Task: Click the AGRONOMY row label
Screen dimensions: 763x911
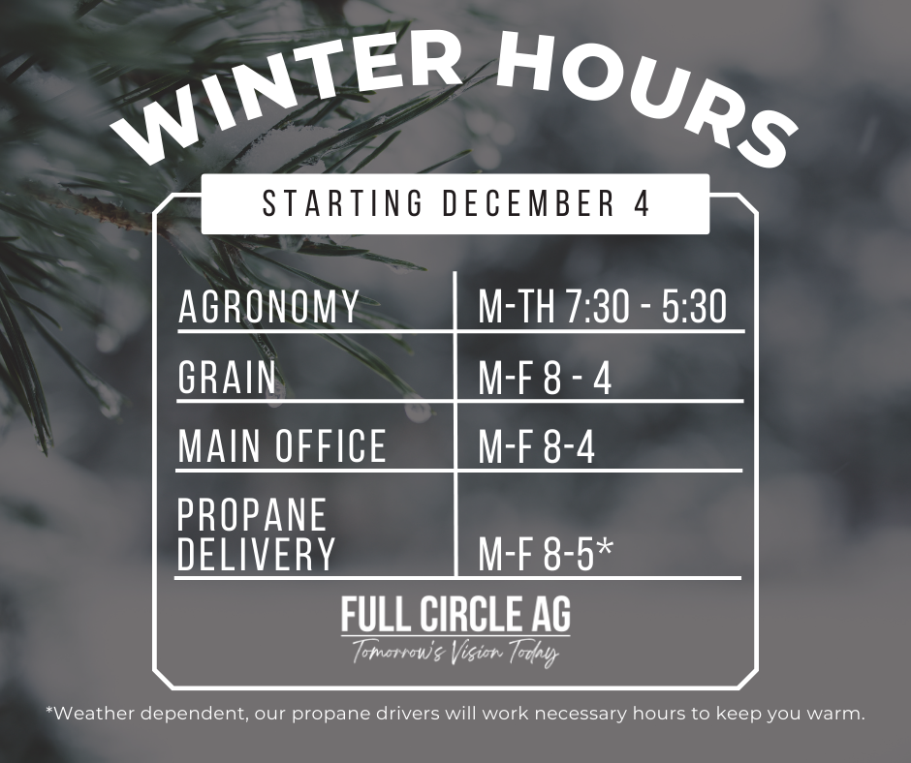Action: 269,307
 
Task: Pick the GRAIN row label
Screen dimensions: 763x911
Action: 228,377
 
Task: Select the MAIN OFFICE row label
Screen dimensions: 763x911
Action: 282,446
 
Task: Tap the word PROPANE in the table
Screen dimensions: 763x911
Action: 252,516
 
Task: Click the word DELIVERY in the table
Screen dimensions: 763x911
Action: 257,555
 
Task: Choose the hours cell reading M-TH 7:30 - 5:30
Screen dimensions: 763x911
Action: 602,307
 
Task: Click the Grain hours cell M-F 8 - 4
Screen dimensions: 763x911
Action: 545,379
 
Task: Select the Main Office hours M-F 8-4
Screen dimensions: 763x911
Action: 537,447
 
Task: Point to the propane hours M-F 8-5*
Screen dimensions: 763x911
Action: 545,556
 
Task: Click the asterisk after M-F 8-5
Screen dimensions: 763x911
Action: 605,549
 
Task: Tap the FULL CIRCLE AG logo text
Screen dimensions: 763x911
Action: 455,614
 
